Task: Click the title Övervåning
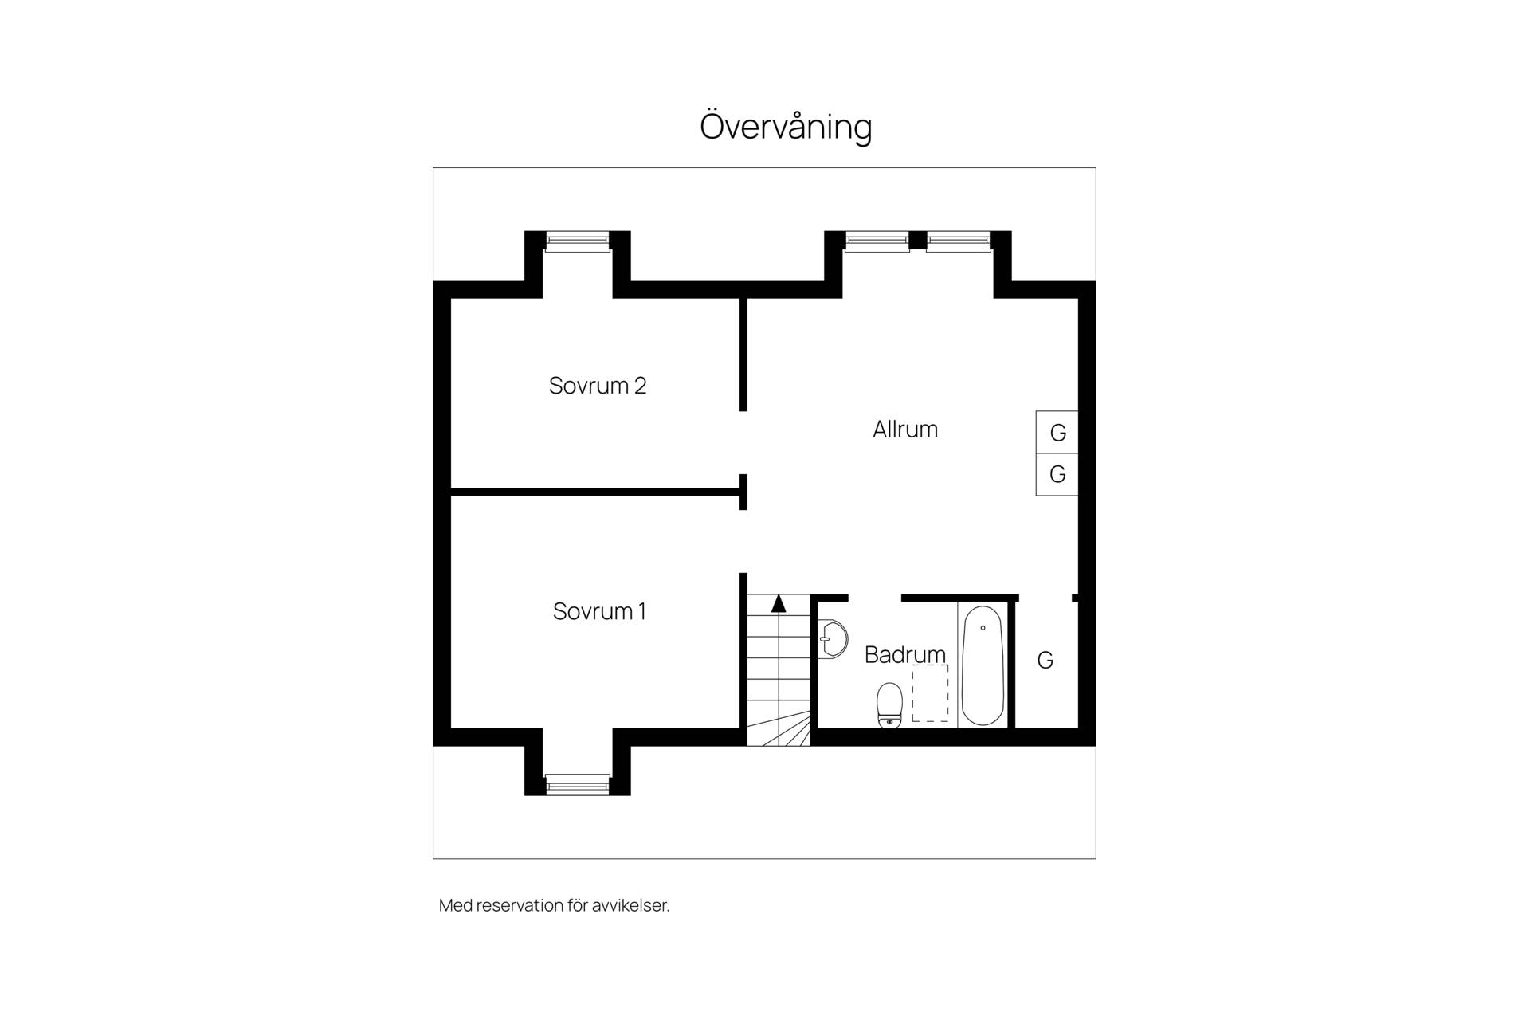pos(786,127)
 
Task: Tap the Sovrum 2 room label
pos(598,386)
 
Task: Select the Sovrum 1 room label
pos(599,611)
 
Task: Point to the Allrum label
pos(905,430)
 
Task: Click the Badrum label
pos(905,654)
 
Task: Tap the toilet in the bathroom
pos(889,705)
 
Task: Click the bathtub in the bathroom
pos(983,665)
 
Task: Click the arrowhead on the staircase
pos(779,603)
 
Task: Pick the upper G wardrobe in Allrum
pos(1057,432)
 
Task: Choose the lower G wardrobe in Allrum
pos(1057,475)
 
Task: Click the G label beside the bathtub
pos(1045,660)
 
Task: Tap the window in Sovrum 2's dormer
pos(578,241)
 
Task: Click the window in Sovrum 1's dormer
pos(578,785)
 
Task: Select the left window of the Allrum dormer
pos(877,241)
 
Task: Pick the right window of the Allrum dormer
pos(959,241)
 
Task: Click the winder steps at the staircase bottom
pos(779,729)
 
